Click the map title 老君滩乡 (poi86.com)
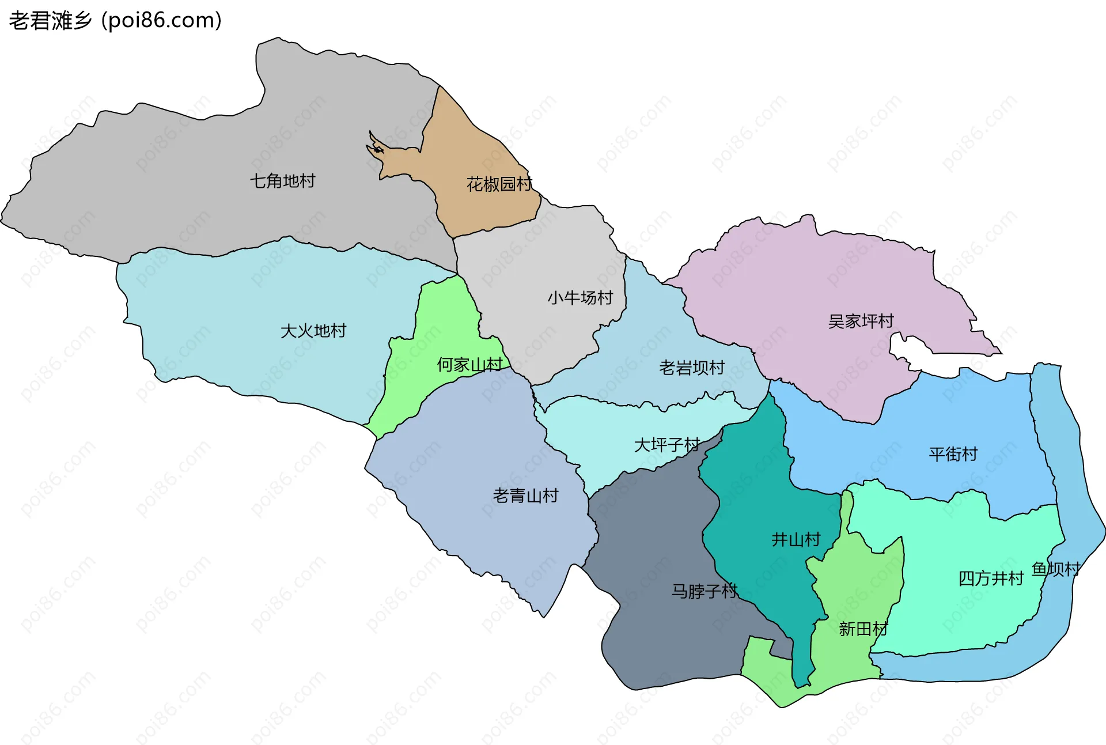tap(115, 21)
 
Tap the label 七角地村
tap(282, 181)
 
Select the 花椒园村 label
tap(499, 184)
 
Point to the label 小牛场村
tap(580, 298)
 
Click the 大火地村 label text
tap(313, 331)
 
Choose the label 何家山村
tap(469, 365)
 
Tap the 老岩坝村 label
tap(692, 368)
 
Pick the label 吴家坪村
tap(861, 321)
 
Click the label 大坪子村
tap(666, 445)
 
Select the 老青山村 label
tap(525, 496)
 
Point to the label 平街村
tap(953, 454)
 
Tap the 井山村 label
tap(796, 540)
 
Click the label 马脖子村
tap(704, 591)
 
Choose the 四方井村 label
tap(991, 578)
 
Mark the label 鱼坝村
tap(1056, 569)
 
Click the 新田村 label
tap(863, 629)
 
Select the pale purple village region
tap(806, 277)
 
